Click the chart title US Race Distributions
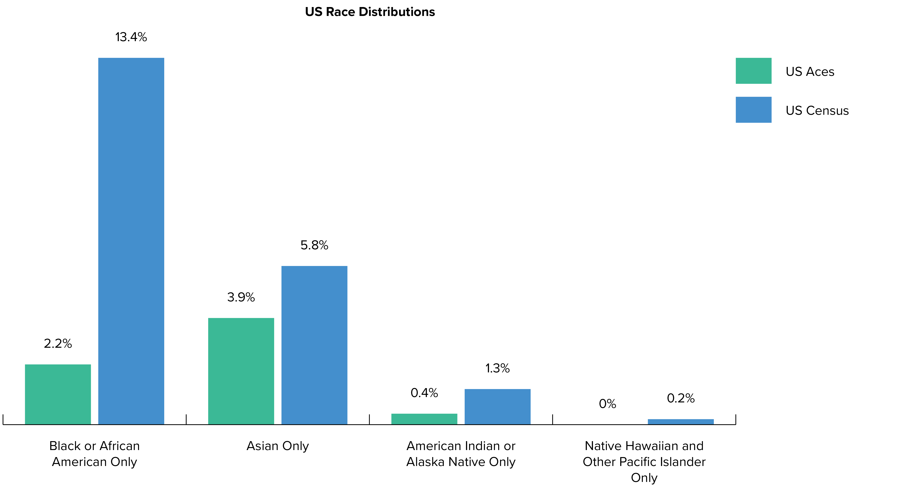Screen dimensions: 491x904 coord(370,12)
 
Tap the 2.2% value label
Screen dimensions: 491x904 coord(58,344)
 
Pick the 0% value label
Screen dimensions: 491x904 coord(607,404)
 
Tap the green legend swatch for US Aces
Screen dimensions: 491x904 coord(753,71)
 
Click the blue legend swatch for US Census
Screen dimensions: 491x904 coord(753,110)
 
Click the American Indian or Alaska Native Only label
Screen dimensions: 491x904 coord(461,454)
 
